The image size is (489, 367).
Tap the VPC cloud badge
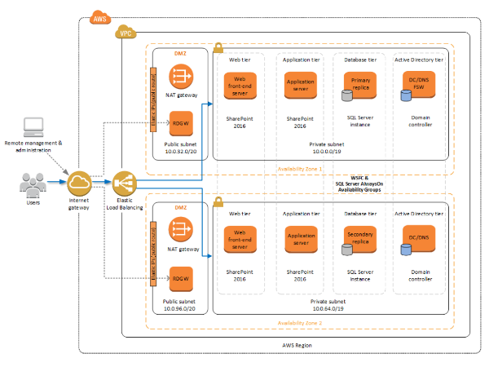click(x=126, y=33)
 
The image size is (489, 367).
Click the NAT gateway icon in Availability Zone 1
click(x=182, y=77)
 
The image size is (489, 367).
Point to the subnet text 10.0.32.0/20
click(x=181, y=151)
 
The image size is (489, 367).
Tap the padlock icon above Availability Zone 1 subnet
click(x=218, y=49)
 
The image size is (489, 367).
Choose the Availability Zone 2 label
click(x=299, y=323)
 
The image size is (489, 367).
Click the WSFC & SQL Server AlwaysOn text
click(x=359, y=183)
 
